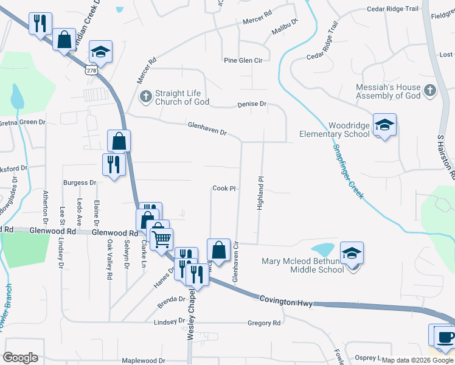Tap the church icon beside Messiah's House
429,91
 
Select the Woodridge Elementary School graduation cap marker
384,125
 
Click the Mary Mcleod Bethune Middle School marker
352,254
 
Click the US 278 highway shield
92,71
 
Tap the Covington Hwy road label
285,301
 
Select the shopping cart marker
162,240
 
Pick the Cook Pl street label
224,189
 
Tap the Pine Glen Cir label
243,61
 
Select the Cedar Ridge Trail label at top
393,9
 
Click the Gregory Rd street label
264,323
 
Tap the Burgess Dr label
80,182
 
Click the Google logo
20,358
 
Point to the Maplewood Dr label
144,361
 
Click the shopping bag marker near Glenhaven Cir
219,250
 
